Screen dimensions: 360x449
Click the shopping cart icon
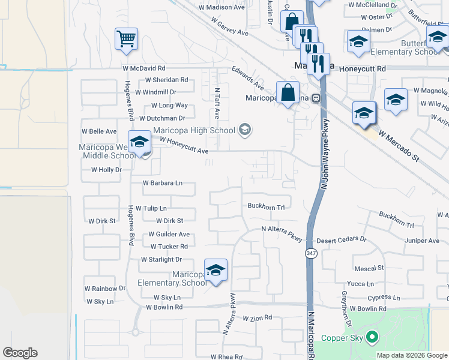pos(127,40)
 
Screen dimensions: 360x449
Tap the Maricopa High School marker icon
pos(244,130)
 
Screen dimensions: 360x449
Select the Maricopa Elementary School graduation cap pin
pos(215,271)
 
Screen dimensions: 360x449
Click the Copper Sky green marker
pos(372,337)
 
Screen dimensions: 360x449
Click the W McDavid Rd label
pos(144,69)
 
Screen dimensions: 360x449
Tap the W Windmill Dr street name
pos(155,92)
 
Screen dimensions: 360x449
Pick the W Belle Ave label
pos(99,131)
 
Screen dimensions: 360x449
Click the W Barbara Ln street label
pos(162,183)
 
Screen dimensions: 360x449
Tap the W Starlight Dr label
pos(161,259)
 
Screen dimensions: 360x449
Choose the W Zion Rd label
pos(258,317)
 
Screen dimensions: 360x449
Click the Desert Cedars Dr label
pos(342,239)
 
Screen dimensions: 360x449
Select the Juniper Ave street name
pos(422,241)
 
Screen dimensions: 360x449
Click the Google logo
pos(20,353)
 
